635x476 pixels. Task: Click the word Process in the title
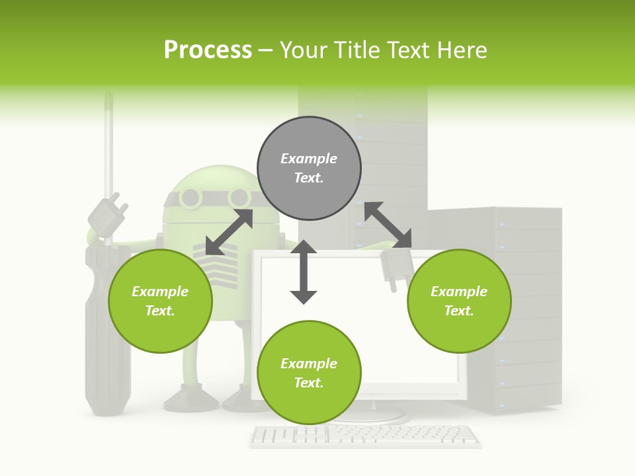pos(208,50)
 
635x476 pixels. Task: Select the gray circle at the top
pos(309,169)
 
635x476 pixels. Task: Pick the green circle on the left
pos(160,301)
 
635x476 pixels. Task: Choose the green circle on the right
pos(459,301)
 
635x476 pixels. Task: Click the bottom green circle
pos(309,373)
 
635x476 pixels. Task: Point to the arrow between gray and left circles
pos(230,232)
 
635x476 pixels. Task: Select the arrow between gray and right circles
pos(388,225)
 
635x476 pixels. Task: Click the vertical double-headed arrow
pos(304,272)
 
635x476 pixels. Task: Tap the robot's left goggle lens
pos(190,197)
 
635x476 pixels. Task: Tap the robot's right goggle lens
pos(239,197)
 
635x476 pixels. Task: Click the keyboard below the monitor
pos(365,435)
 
